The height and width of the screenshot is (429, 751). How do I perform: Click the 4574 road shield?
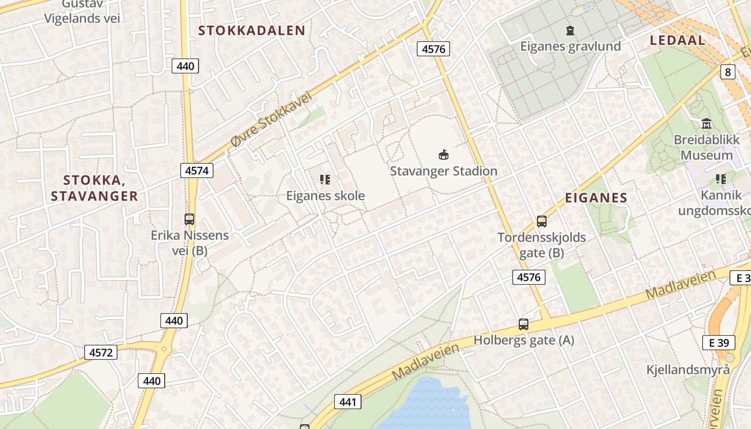pos(197,171)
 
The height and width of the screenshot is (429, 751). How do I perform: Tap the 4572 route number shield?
pos(101,352)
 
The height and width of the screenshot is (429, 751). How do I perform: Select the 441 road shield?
pos(348,401)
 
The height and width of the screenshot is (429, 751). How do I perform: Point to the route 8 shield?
pos(727,72)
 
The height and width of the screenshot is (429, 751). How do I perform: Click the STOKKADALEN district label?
pos(252,31)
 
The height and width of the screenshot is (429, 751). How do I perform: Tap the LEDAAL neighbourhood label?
pos(678,40)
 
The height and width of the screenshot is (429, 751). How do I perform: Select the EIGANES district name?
pos(596,198)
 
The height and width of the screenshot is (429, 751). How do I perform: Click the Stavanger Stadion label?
pos(444,171)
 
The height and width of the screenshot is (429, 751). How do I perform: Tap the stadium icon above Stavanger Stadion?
pos(444,155)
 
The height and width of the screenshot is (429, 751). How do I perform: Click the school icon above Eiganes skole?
pos(325,179)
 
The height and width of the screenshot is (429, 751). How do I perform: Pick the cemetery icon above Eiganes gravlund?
pos(570,31)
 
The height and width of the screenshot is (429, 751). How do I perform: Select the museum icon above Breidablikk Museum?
pos(706,124)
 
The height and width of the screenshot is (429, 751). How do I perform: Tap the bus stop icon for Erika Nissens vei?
pos(189,219)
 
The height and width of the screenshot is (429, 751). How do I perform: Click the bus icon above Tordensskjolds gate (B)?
pos(542,221)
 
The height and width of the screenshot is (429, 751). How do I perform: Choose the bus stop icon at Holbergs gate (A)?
pos(524,324)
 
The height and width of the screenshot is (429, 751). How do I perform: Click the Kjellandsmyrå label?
pos(688,369)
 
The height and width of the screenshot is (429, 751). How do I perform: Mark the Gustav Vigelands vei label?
pos(82,12)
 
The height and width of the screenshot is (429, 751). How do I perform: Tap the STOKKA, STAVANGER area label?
pos(94,188)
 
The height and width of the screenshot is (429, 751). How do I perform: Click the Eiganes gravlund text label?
pos(570,46)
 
